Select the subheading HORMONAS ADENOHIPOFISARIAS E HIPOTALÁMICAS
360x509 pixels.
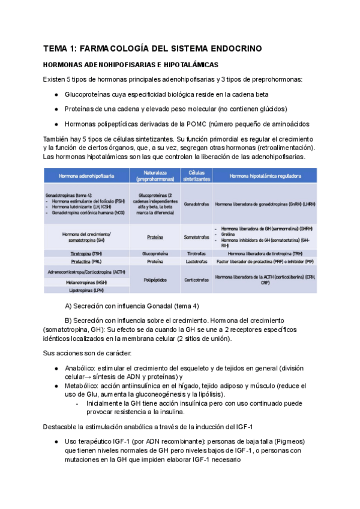[130, 64]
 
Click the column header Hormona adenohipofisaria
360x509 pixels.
[86, 176]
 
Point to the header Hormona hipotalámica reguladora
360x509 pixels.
[265, 176]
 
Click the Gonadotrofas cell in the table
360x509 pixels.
[196, 204]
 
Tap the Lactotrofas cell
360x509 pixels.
[196, 262]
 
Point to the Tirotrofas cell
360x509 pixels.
[196, 253]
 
